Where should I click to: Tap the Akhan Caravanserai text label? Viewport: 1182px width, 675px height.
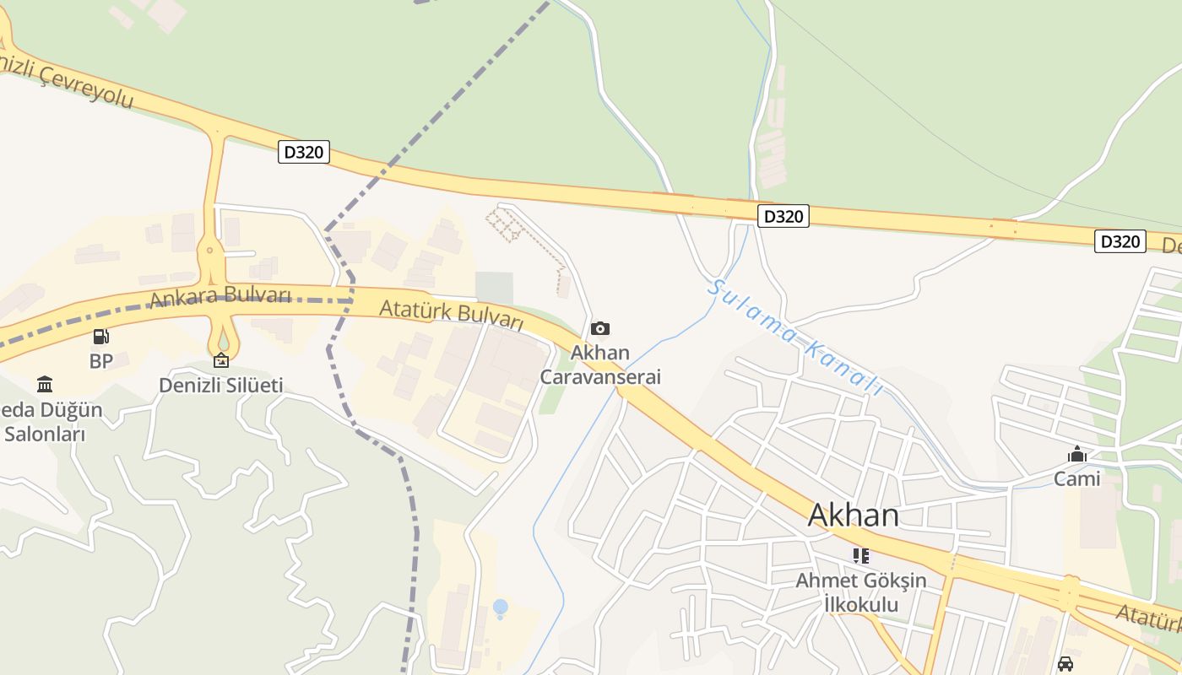pos(599,364)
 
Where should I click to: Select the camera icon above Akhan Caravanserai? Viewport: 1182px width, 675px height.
pos(600,328)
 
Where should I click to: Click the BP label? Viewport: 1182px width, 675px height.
pos(100,361)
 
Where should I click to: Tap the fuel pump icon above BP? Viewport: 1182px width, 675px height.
pos(100,337)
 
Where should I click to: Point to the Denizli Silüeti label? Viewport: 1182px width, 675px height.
pos(220,386)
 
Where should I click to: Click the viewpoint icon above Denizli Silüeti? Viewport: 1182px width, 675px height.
pos(220,360)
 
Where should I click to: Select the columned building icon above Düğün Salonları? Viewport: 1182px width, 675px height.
pos(45,385)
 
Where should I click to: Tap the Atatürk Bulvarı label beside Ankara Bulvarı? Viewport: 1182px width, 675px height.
pos(451,313)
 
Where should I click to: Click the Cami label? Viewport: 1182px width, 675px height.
pos(1076,479)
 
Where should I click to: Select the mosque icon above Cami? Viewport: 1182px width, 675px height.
pos(1076,455)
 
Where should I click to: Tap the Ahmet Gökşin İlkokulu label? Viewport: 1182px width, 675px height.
pos(860,592)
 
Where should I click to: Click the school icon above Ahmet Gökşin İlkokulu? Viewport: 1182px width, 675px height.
pos(860,555)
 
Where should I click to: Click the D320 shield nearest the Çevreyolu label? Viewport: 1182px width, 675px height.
pos(303,153)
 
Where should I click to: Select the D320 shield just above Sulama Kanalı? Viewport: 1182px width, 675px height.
pos(783,216)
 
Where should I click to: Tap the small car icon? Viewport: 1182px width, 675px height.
pos(1065,663)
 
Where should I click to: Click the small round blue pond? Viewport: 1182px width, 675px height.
pos(500,607)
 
